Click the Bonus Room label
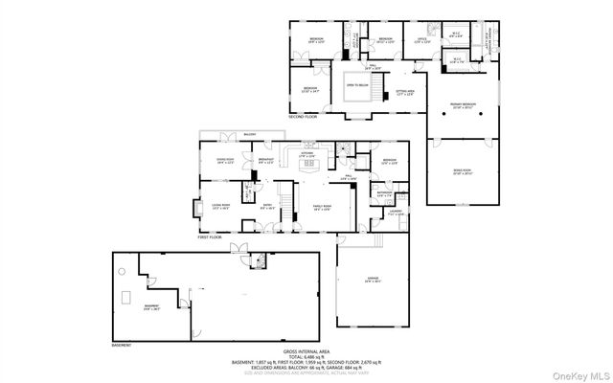[463, 172]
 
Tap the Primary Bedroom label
[463, 107]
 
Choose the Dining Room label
[226, 160]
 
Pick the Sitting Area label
[407, 92]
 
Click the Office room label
[422, 40]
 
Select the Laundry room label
[394, 213]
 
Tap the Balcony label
[249, 134]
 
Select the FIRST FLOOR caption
[210, 237]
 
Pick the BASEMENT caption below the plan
[121, 344]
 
